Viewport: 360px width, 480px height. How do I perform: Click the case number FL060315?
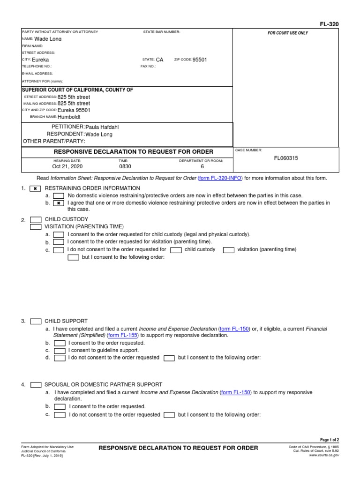286,158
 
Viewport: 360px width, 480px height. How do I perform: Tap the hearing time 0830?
125,166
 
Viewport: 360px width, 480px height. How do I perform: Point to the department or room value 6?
202,166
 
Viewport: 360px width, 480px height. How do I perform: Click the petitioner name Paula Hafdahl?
105,127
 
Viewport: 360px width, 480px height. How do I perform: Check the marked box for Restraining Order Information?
35,188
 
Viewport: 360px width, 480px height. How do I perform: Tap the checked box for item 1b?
59,203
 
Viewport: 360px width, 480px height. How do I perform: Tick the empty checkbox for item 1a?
59,196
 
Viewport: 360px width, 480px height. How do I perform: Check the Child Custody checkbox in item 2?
36,219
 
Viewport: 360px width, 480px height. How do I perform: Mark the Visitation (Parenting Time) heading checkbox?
36,227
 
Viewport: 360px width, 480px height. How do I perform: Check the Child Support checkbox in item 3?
36,322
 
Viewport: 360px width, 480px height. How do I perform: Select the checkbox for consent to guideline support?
60,351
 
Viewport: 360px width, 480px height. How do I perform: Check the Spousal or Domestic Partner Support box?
36,385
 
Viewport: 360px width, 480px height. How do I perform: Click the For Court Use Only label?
288,33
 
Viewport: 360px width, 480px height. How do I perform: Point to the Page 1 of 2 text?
329,440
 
